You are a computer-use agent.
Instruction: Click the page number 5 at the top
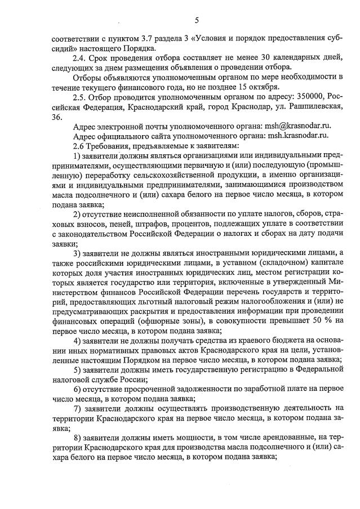point(197,21)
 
